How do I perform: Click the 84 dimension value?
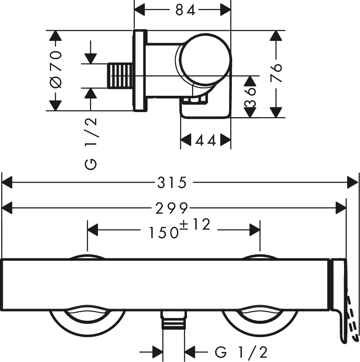tap(185, 10)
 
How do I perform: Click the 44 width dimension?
tap(205, 141)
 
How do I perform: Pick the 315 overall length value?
tap(172, 183)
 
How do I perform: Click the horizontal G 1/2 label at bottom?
tap(241, 353)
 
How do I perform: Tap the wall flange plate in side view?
tap(140, 70)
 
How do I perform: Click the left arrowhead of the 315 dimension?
tap(7, 183)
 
